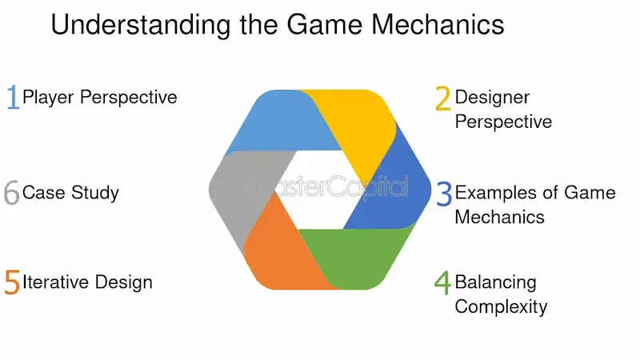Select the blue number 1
tap(13, 98)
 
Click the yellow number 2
tap(442, 98)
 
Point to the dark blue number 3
tap(444, 194)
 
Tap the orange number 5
tap(12, 282)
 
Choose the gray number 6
tap(11, 193)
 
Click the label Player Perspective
tap(100, 98)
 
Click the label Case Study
tap(70, 193)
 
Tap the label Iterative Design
tap(87, 282)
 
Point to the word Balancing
tap(495, 282)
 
